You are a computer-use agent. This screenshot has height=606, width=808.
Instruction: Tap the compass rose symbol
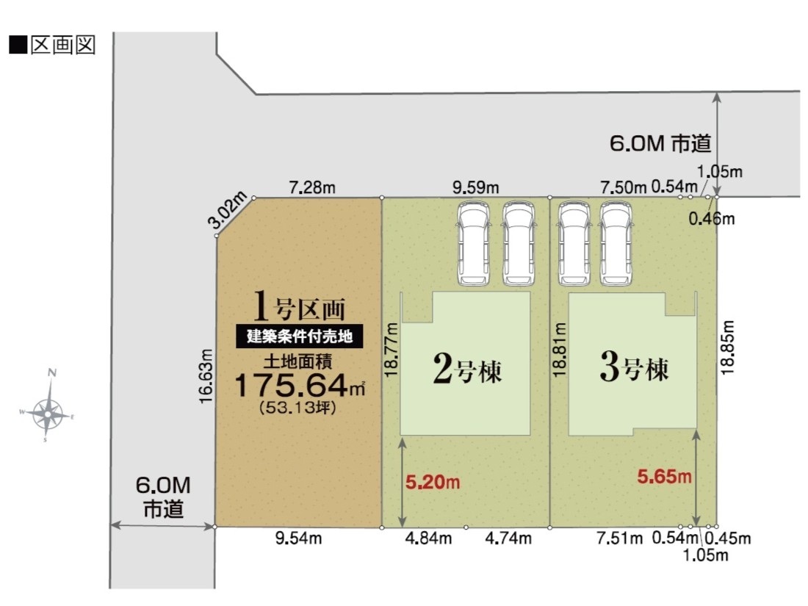click(x=48, y=407)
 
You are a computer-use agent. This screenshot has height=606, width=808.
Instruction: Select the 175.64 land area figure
click(x=292, y=385)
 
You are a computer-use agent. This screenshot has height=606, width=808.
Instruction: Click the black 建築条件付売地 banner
click(x=300, y=336)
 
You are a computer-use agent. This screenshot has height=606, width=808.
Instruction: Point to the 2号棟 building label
click(x=467, y=369)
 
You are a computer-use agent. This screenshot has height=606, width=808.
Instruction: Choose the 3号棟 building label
click(x=635, y=368)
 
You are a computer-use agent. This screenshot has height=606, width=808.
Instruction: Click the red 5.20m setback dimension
click(x=433, y=483)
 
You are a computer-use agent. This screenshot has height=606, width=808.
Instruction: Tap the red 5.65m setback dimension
click(x=664, y=477)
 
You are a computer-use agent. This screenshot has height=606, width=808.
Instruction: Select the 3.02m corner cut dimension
click(x=227, y=209)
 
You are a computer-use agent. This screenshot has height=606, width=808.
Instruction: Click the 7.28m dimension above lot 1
click(x=311, y=187)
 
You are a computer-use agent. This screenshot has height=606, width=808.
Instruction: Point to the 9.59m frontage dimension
click(x=476, y=187)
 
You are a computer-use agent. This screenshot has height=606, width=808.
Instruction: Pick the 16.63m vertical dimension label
click(x=206, y=376)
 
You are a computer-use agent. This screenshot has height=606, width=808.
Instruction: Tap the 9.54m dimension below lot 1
click(x=298, y=538)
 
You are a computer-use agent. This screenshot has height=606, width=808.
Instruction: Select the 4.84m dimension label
click(x=428, y=538)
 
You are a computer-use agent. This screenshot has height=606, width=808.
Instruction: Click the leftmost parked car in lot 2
click(x=474, y=243)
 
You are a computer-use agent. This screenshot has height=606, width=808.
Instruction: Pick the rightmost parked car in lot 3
click(x=616, y=243)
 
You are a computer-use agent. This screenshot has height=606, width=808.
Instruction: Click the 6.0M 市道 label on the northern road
click(x=660, y=143)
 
